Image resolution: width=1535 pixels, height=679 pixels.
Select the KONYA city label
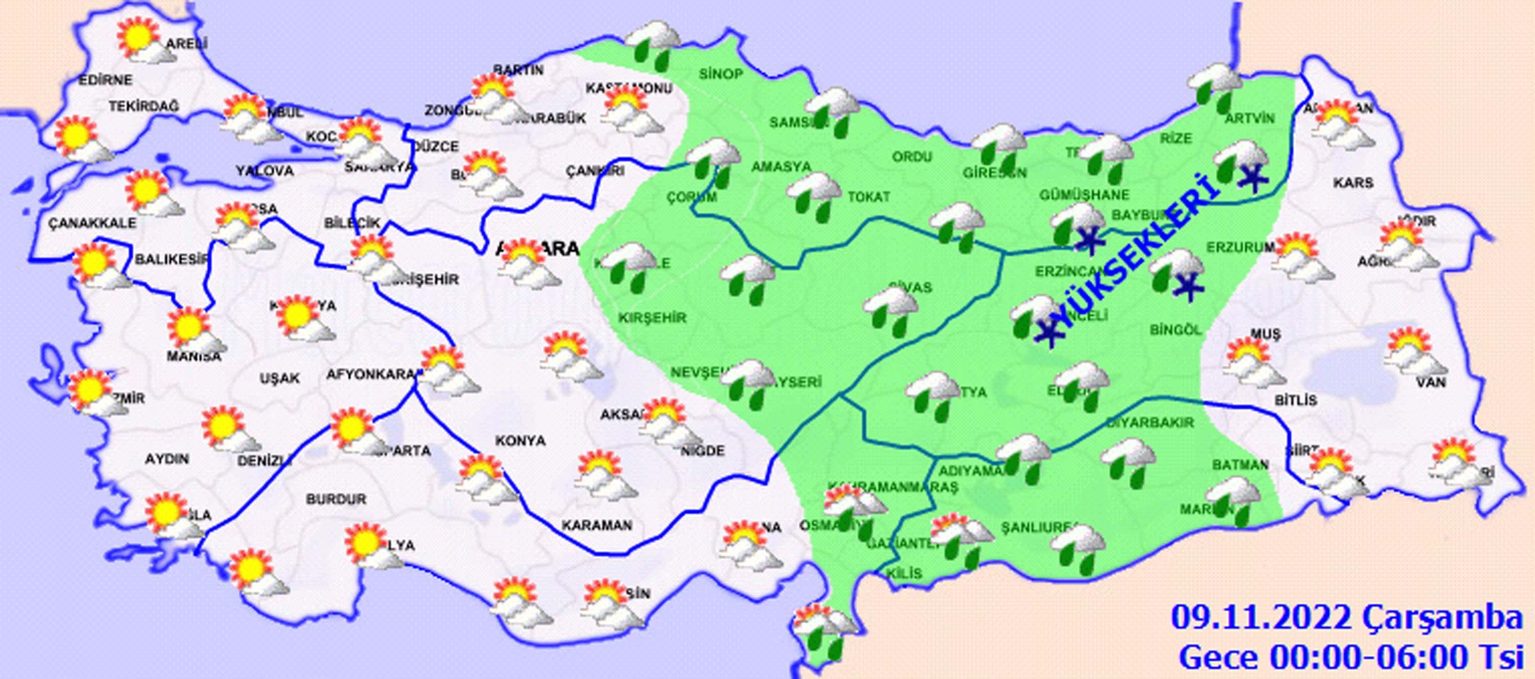(520, 440)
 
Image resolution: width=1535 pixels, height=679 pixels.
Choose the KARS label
(1353, 183)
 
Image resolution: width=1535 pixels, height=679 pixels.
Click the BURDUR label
(336, 499)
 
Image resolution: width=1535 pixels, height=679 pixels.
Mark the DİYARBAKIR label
(1150, 422)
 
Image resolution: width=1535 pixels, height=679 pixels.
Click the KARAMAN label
(597, 525)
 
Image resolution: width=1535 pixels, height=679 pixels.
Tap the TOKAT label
(868, 196)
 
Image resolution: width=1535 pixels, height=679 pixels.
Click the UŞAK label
(279, 378)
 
